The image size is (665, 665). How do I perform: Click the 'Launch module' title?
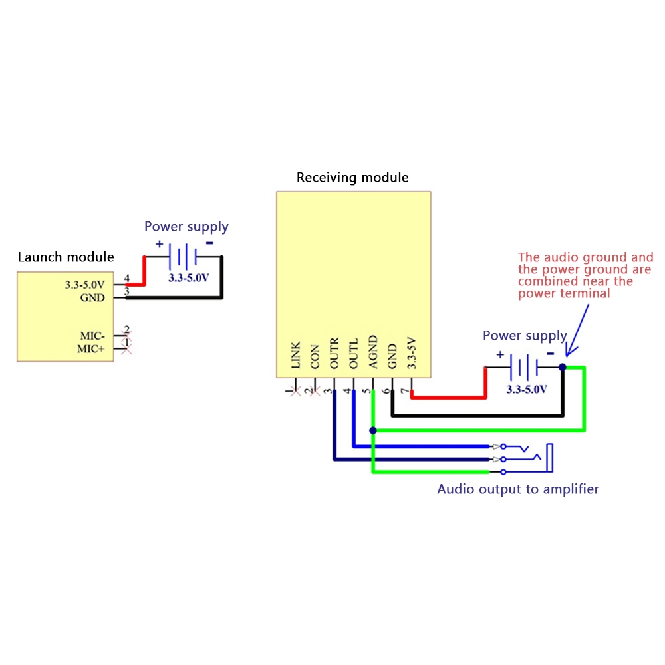point(66,257)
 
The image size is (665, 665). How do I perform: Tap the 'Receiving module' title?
point(352,178)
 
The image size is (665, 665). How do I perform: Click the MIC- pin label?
point(92,335)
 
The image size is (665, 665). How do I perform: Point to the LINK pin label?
point(296,356)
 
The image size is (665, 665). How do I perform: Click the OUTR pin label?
point(334,352)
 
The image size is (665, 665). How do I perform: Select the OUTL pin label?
point(354,352)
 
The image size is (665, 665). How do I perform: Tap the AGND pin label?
point(373,352)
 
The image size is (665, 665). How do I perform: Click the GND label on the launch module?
point(92,297)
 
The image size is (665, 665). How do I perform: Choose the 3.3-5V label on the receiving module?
point(412,353)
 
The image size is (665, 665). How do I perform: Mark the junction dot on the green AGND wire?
point(373,431)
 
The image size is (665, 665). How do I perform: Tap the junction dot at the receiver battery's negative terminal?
point(563,367)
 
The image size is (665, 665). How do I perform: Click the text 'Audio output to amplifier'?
point(518,489)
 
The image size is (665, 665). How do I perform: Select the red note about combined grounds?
point(585,275)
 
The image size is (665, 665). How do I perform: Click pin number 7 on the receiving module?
point(404,390)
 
